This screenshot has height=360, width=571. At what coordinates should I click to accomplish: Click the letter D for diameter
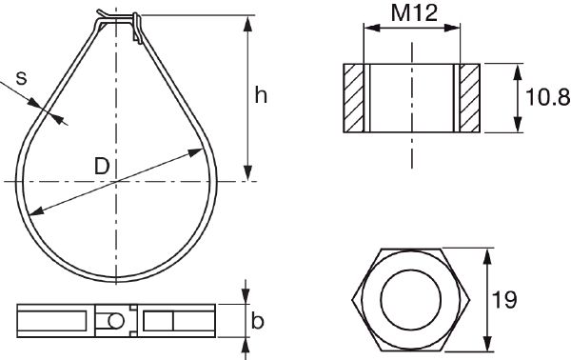pyautogui.click(x=102, y=166)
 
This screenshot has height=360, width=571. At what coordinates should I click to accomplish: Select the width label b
pyautogui.click(x=257, y=321)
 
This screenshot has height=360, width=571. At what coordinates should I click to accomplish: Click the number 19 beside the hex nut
pyautogui.click(x=505, y=300)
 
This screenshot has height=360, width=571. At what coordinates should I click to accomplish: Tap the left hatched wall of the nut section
pyautogui.click(x=354, y=97)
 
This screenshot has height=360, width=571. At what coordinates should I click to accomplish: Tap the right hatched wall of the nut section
pyautogui.click(x=470, y=97)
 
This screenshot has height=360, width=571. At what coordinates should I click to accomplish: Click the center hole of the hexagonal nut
pyautogui.click(x=412, y=300)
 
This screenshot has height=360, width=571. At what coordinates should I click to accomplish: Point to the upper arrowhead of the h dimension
pyautogui.click(x=248, y=22)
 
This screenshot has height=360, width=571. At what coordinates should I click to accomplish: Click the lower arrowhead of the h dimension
pyautogui.click(x=248, y=173)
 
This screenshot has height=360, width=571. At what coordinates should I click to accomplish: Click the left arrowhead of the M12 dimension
pyautogui.click(x=369, y=30)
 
